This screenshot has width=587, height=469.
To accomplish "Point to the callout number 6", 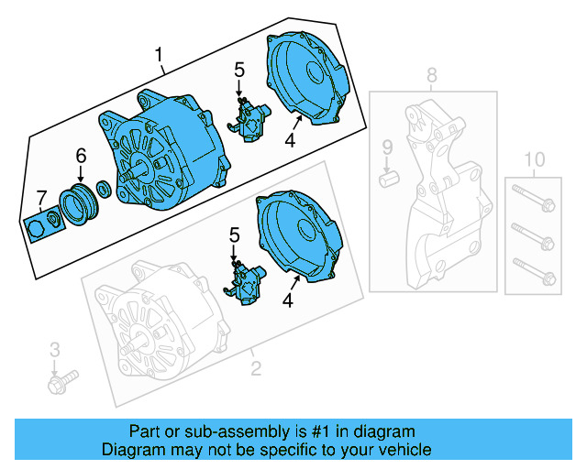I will [x=81, y=156].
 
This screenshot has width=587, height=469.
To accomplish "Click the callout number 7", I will [x=39, y=196].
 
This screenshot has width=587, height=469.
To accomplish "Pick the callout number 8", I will [x=432, y=74].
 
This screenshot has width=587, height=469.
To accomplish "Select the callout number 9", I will [x=387, y=147].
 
